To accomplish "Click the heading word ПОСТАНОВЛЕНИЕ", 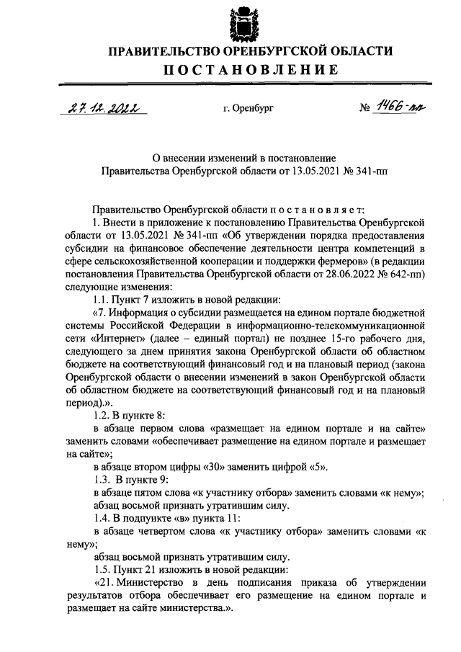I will click(230, 70).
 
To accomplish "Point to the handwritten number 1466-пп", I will click(400, 107).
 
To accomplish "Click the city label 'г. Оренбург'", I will click(249, 110).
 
